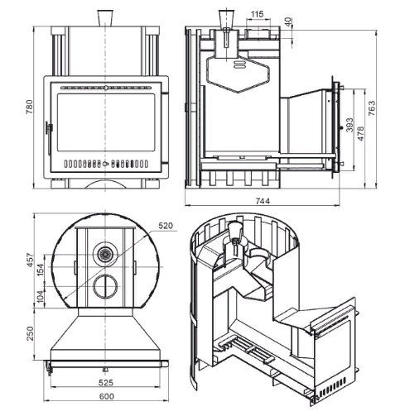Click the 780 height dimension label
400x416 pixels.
[30, 107]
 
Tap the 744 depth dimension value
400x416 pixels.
[263, 201]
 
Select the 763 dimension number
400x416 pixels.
[372, 108]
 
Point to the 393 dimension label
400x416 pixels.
[349, 125]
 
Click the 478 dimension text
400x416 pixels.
[360, 133]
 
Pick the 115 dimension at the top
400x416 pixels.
[258, 14]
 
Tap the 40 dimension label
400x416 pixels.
[287, 22]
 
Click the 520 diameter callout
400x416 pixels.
[166, 226]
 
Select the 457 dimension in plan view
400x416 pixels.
[30, 261]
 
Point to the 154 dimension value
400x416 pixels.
[40, 270]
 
